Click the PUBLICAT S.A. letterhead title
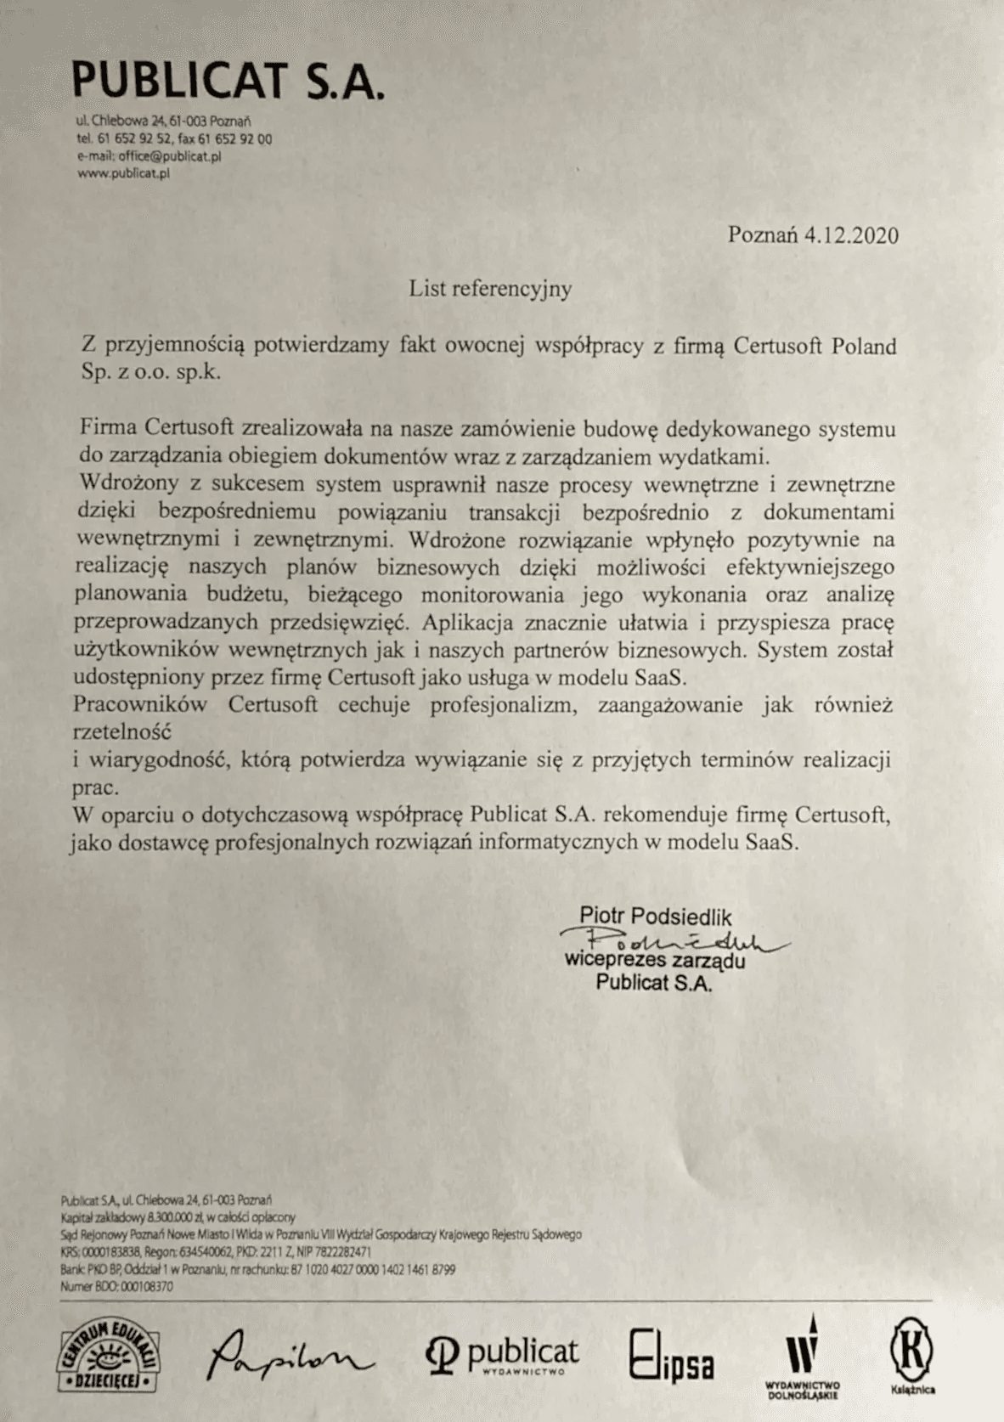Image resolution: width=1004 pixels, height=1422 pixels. pyautogui.click(x=228, y=82)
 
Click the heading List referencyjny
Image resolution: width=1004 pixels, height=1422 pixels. pyautogui.click(x=490, y=289)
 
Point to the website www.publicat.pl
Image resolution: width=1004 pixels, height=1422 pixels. pyautogui.click(x=123, y=173)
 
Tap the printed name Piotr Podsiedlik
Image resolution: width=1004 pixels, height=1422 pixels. pyautogui.click(x=655, y=917)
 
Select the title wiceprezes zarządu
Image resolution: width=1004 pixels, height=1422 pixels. pyautogui.click(x=655, y=962)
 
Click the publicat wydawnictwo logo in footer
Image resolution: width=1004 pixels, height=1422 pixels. pyautogui.click(x=503, y=1356)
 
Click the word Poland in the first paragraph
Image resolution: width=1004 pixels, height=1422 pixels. pyautogui.click(x=863, y=347)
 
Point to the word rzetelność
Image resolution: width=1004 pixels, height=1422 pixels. pyautogui.click(x=122, y=731)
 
